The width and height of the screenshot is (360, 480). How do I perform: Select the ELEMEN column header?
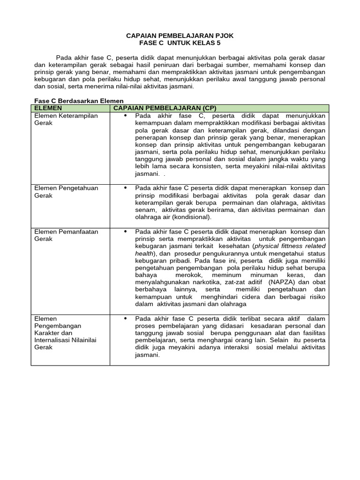click(x=48, y=108)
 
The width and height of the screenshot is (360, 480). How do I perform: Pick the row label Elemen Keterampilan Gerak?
click(x=66, y=119)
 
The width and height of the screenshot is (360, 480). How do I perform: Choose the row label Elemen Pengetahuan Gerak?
click(x=66, y=192)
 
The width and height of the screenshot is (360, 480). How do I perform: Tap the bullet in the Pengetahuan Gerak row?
click(x=125, y=188)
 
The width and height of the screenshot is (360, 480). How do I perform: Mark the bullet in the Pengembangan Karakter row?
click(x=125, y=318)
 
